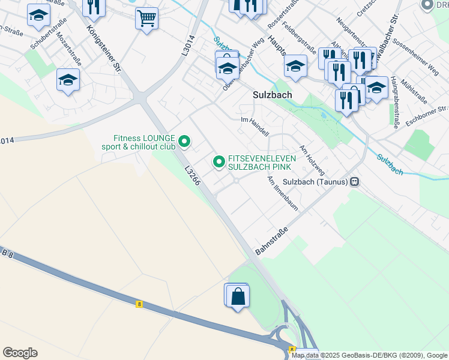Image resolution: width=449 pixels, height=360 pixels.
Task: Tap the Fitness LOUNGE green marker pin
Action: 185,142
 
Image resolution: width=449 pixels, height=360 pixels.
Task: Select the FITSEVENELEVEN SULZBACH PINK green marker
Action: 219,161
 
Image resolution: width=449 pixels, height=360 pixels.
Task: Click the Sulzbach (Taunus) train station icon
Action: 355,182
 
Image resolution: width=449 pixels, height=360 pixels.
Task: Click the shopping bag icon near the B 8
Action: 238,296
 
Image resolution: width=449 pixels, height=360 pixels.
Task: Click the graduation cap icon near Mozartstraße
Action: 68,80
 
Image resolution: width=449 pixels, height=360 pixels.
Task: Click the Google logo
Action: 20,353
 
